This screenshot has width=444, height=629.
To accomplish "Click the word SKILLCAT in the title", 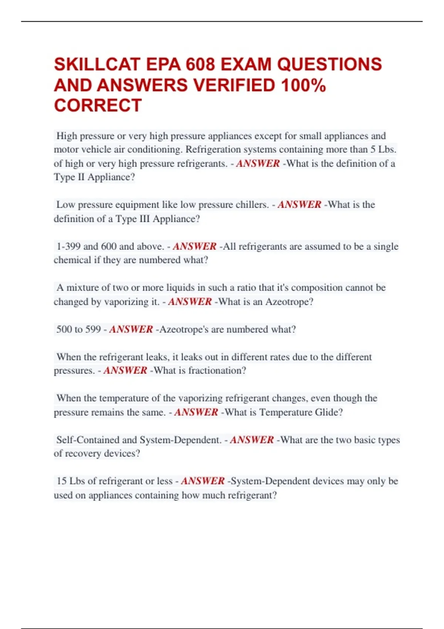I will point(97,64).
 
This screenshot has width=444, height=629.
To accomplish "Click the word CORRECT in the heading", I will point(98,105).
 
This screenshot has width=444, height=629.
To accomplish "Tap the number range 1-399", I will point(68,246).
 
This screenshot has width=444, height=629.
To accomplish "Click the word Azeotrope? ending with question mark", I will point(289,302).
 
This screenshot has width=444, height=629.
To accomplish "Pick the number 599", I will point(93,329).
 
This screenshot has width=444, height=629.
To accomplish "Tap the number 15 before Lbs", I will point(61,481).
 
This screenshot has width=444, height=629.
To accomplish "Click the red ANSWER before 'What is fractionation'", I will point(125,370).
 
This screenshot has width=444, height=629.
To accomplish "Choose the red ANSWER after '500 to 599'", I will point(131,329).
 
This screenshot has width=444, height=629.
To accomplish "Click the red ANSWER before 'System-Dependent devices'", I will point(203,481).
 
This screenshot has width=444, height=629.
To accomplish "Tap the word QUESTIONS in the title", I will point(329,64).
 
